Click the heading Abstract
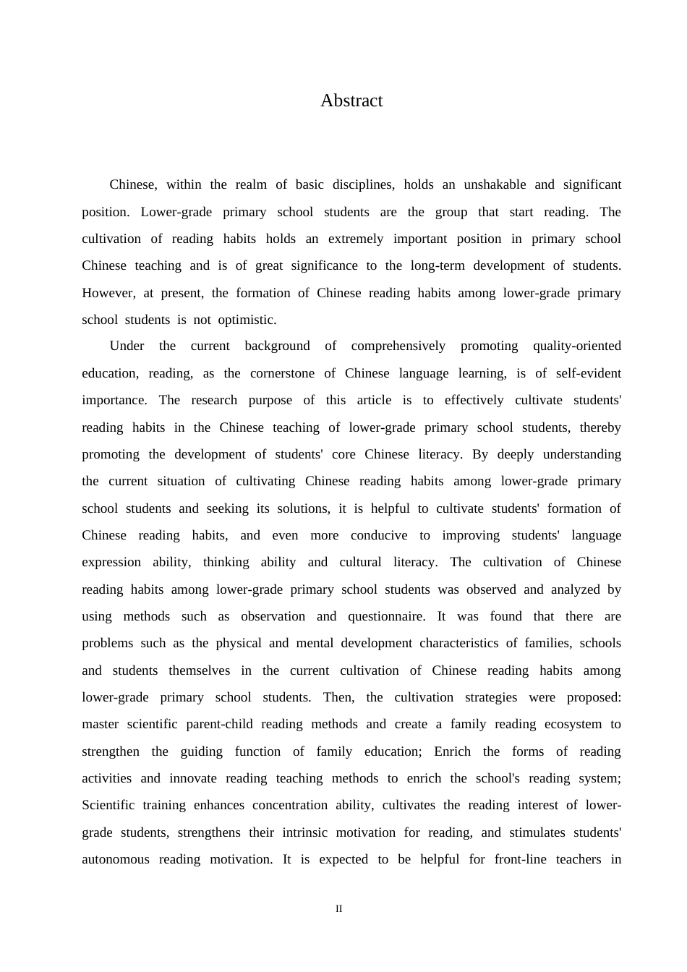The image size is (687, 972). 351,101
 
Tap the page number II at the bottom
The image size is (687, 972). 338,909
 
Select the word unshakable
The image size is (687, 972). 495,184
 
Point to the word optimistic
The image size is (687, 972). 247,320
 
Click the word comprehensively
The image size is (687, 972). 398,346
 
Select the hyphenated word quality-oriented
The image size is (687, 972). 576,346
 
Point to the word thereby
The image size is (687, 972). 599,427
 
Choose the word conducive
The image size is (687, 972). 379,535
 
